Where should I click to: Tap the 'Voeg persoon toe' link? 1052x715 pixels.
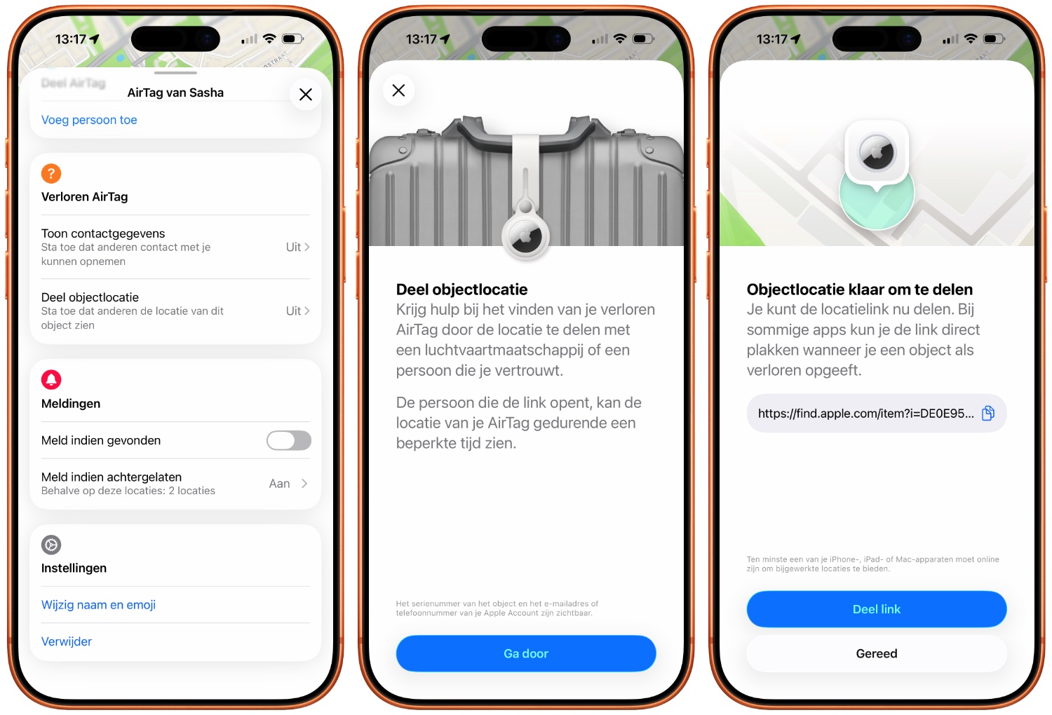89,120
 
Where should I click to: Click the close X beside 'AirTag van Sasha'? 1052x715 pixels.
306,95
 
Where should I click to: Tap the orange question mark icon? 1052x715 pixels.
51,174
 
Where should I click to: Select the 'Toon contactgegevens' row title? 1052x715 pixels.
103,233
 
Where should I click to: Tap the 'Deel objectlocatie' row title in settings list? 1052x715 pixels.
90,297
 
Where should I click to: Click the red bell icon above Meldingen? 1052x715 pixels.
51,380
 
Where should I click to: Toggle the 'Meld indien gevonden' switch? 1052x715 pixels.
289,440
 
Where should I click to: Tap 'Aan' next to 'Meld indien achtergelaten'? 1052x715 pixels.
279,484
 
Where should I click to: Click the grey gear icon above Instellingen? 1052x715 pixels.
51,545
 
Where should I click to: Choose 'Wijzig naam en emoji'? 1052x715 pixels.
98,605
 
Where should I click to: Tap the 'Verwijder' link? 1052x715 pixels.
66,641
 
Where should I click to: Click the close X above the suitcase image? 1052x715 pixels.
399,90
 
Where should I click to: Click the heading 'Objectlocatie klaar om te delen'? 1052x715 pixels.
859,290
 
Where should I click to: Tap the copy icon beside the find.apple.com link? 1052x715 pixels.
988,413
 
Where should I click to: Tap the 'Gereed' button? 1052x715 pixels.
877,653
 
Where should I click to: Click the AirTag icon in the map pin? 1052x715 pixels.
877,153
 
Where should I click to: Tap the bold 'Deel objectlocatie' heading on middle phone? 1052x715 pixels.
461,290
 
